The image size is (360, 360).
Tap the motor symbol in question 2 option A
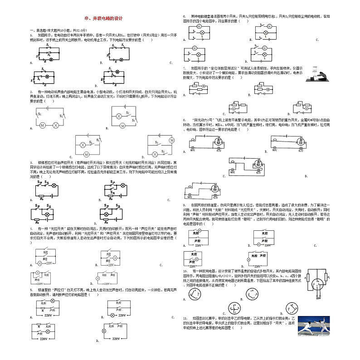click(x=42, y=125)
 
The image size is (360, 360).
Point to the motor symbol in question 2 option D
click(x=171, y=141)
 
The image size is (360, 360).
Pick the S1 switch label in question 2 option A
click(x=40, y=114)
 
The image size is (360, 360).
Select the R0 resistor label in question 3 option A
click(x=42, y=198)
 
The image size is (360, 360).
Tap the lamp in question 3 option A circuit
click(x=54, y=186)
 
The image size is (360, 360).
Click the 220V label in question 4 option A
click(x=49, y=263)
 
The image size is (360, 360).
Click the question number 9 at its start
click(x=185, y=205)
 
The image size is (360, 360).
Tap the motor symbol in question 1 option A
click(x=51, y=59)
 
